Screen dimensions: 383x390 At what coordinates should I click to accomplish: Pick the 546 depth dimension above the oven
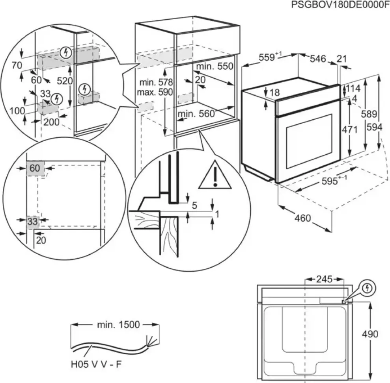point(318,59)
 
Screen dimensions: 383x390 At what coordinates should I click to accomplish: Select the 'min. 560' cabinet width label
point(196,114)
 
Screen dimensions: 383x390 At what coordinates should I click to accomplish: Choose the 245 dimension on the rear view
point(324,279)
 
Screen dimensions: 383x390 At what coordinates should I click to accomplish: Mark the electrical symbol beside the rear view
point(368,288)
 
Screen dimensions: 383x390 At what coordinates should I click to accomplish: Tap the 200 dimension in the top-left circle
point(52,122)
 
